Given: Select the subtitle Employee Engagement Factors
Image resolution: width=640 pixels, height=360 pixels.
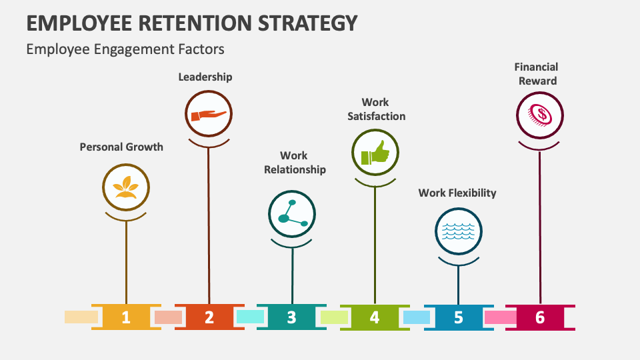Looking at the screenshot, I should (x=125, y=49).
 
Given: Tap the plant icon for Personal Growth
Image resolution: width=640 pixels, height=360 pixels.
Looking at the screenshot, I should (x=126, y=187).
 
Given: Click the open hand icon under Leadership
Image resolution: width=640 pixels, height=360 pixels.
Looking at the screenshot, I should (x=209, y=115).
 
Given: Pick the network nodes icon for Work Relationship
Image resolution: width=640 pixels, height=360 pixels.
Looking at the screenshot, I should (x=292, y=214).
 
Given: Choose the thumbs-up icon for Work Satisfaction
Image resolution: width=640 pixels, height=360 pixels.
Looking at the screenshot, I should (x=375, y=153).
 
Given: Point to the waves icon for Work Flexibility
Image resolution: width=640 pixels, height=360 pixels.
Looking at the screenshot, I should (x=458, y=231).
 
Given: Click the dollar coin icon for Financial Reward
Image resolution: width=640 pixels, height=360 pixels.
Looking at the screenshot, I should (x=540, y=115).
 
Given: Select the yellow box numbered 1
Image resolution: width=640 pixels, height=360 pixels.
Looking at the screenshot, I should (x=126, y=317).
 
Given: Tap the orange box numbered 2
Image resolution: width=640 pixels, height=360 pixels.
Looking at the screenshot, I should (x=209, y=317).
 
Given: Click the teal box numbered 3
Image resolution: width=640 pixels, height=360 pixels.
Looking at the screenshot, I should (x=291, y=317).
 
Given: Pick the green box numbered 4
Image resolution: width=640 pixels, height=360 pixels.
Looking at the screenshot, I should (x=374, y=317).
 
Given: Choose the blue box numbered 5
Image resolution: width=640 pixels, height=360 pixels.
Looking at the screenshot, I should (x=458, y=317).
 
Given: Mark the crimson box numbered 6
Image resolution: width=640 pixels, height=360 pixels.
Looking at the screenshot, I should (x=540, y=317).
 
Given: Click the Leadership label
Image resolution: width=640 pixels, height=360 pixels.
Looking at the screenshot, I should (x=205, y=77).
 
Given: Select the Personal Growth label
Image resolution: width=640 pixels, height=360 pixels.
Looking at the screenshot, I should (x=121, y=147).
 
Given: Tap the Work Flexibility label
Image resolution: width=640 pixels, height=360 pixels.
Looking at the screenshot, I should (x=457, y=193).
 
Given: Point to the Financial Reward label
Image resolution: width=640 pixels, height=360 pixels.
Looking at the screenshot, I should (x=536, y=73).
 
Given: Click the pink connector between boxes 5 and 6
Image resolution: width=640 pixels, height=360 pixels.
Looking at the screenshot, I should (x=499, y=317).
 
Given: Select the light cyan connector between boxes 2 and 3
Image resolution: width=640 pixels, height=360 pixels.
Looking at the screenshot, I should (x=250, y=317).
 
